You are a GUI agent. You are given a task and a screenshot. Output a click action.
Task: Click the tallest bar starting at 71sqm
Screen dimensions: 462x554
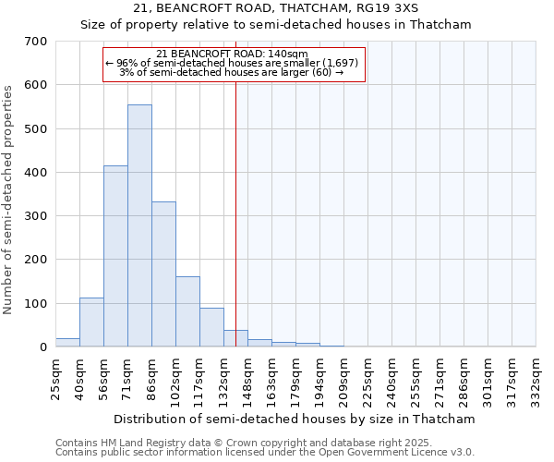click(x=139, y=225)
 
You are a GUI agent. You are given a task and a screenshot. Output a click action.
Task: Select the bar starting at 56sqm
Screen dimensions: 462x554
click(x=115, y=256)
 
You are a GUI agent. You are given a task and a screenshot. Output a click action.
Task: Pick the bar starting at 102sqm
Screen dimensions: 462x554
click(x=187, y=311)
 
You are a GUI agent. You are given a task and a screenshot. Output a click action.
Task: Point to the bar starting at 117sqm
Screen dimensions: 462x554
click(x=211, y=327)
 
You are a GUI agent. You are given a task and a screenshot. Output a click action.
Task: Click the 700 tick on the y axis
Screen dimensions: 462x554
click(x=36, y=42)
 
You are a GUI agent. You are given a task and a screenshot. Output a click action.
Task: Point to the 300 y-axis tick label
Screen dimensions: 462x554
click(x=36, y=216)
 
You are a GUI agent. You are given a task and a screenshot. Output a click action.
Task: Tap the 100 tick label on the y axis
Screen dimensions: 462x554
click(x=36, y=304)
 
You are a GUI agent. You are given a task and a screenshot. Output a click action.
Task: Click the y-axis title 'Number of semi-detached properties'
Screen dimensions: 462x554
click(x=9, y=200)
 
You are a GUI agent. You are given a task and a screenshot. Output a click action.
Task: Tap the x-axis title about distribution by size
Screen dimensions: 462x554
click(x=295, y=419)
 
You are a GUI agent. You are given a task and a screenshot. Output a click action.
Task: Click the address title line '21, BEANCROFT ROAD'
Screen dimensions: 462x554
click(x=276, y=8)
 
